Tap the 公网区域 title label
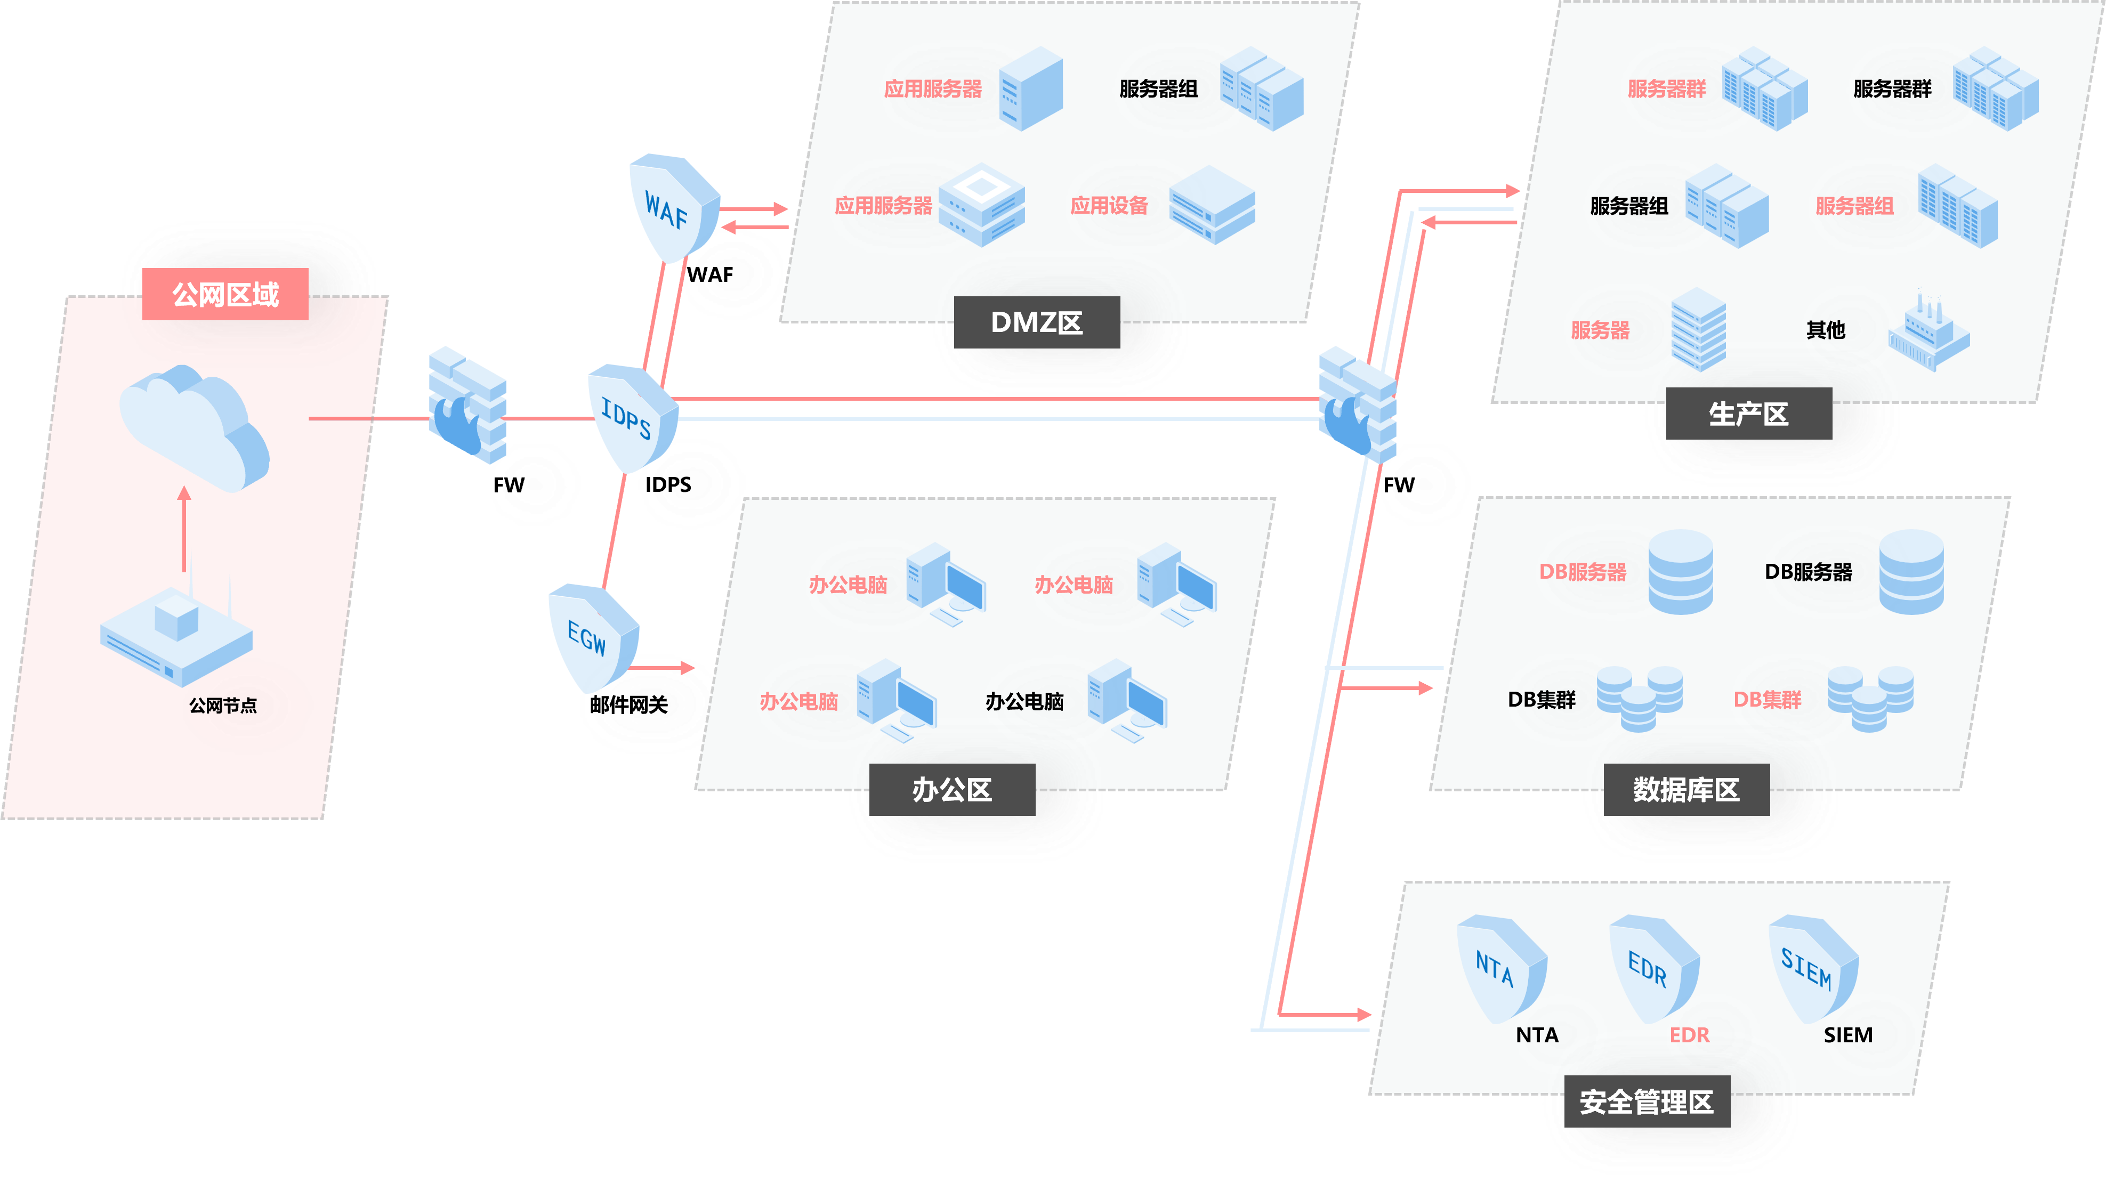pos(225,294)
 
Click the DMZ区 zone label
pos(1037,322)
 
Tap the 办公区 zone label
pos(951,790)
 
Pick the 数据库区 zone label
pos(1687,790)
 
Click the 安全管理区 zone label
pos(1647,1102)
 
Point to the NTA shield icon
pos(1499,969)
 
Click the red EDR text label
pos(1689,1035)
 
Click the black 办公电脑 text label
pos(1024,701)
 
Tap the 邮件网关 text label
pos(628,704)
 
